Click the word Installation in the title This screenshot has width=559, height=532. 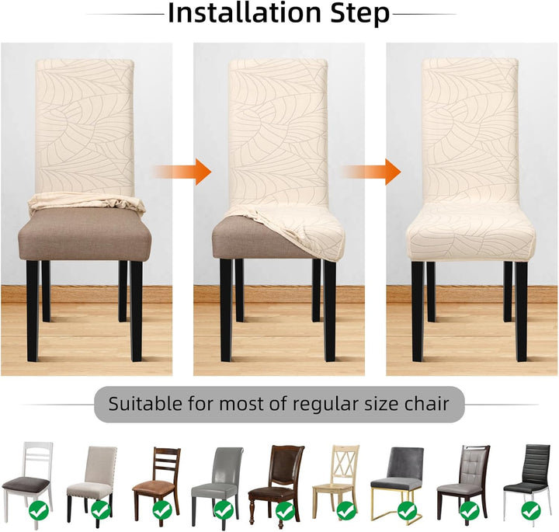point(245,13)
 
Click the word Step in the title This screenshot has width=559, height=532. point(359,14)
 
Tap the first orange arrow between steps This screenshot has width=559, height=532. point(182,172)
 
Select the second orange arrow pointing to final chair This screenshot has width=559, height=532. point(371,172)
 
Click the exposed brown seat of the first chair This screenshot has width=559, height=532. point(85,235)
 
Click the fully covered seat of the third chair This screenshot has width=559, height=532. point(470,231)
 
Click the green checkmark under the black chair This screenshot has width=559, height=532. point(531,510)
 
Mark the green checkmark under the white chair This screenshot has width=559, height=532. point(40,510)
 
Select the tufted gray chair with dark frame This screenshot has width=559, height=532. point(464,482)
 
